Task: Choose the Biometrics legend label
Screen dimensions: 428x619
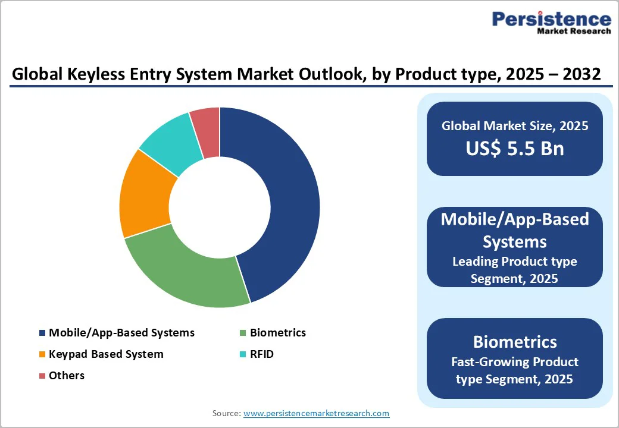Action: (277, 333)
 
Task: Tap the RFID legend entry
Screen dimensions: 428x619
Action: (262, 354)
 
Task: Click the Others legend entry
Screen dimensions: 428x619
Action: (67, 376)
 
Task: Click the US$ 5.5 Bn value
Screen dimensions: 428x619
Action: (515, 149)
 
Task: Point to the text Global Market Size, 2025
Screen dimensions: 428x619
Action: (515, 126)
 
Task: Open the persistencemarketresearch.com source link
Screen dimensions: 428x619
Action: (317, 413)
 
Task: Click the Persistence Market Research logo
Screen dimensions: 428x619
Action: (551, 23)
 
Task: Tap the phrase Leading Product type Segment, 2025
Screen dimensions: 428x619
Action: (515, 270)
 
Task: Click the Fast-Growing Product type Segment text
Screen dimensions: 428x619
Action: (515, 370)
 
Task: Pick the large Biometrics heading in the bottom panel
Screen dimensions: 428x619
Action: (515, 342)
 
